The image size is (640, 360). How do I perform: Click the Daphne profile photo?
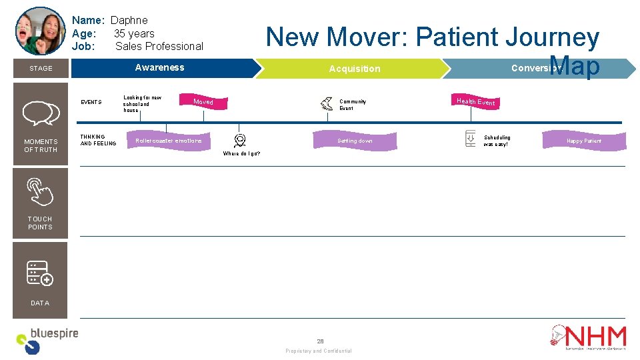tap(40, 31)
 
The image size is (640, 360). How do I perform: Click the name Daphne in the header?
tap(129, 20)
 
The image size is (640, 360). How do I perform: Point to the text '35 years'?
tap(134, 33)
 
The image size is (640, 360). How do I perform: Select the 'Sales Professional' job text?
tap(159, 46)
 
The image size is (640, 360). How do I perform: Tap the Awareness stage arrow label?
tap(159, 67)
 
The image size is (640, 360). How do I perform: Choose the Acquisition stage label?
tap(355, 69)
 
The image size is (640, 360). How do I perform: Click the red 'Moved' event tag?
tap(203, 102)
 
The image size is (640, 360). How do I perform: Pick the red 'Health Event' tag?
tap(476, 101)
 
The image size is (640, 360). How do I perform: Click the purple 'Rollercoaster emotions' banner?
tap(169, 141)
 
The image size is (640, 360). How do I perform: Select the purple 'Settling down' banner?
tap(355, 141)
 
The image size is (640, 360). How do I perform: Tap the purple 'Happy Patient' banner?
tap(583, 141)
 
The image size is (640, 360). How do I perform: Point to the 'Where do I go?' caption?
tap(241, 153)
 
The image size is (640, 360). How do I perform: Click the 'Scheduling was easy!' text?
tap(497, 141)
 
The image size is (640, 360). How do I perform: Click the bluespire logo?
tap(47, 340)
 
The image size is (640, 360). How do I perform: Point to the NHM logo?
tap(588, 337)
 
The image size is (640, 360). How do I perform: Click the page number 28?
tap(320, 341)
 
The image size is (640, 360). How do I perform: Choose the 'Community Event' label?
tap(353, 105)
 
